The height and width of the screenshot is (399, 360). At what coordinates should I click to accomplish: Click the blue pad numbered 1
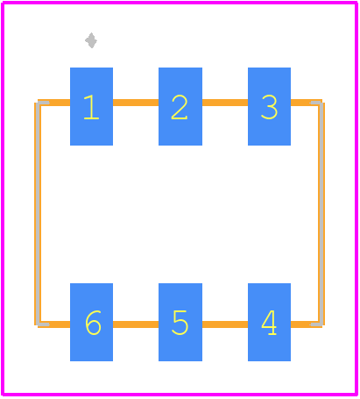pyautogui.click(x=91, y=106)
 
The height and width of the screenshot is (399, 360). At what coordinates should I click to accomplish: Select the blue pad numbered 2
pyautogui.click(x=180, y=106)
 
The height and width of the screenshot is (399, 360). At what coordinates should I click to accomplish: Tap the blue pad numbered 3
pyautogui.click(x=269, y=106)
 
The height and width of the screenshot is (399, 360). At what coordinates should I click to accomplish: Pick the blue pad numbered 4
pyautogui.click(x=269, y=322)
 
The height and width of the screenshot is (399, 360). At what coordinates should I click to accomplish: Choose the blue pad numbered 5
pyautogui.click(x=180, y=322)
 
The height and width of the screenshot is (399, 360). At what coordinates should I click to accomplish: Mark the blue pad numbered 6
pyautogui.click(x=91, y=322)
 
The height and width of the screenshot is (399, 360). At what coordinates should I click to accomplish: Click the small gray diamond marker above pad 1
pyautogui.click(x=91, y=40)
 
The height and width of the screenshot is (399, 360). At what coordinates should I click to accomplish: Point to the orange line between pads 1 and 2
pyautogui.click(x=136, y=103)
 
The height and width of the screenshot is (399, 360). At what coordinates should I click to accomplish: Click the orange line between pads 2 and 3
pyautogui.click(x=225, y=103)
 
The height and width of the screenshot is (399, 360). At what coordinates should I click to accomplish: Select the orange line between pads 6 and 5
pyautogui.click(x=136, y=324)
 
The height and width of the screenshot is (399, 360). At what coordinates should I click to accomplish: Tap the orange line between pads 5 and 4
pyautogui.click(x=225, y=324)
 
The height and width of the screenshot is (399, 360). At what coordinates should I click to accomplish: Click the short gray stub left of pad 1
pyautogui.click(x=43, y=103)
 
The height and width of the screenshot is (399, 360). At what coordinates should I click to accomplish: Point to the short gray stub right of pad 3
pyautogui.click(x=316, y=103)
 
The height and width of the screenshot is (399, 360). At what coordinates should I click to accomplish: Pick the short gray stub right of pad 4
pyautogui.click(x=316, y=324)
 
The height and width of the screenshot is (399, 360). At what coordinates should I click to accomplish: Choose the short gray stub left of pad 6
pyautogui.click(x=43, y=324)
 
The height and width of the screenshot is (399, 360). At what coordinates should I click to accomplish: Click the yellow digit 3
pyautogui.click(x=269, y=107)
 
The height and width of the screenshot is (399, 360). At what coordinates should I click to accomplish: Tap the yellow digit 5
pyautogui.click(x=180, y=323)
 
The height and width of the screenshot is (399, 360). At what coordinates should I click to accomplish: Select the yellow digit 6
pyautogui.click(x=93, y=323)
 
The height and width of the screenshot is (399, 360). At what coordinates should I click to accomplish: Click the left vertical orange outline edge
pyautogui.click(x=38, y=214)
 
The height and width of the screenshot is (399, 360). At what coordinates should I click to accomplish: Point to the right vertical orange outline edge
pyautogui.click(x=321, y=214)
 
